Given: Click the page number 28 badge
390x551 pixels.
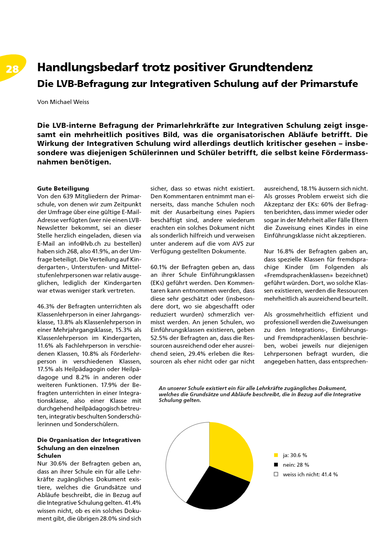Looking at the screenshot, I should pos(12,69).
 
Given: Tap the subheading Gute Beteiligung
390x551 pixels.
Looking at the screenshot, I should pos(63,189).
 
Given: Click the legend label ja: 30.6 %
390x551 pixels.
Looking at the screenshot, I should pos(295,455).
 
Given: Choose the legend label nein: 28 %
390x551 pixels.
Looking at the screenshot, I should pos(296,465).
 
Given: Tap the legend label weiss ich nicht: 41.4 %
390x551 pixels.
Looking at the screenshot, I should pos(310,474).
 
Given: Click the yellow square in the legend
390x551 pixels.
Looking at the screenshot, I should pos(276,455).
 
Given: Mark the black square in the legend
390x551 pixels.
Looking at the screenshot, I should pos(276,465).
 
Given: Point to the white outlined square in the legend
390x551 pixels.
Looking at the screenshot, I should pos(276,474).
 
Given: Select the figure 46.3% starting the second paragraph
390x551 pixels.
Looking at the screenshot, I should pos(46,306).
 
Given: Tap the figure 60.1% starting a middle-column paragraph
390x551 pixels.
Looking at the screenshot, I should pos(159,267).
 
